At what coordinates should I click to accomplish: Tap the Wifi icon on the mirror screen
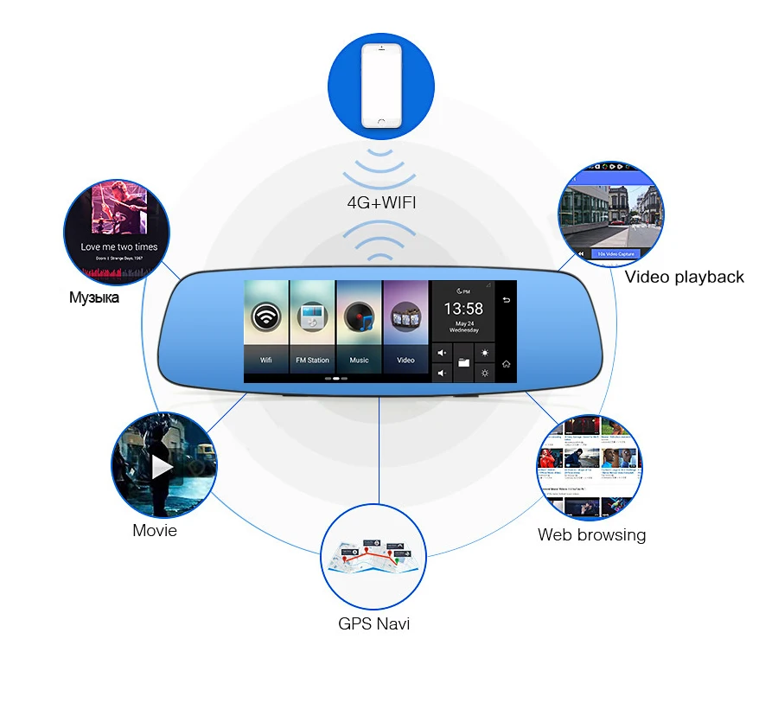[x=265, y=317]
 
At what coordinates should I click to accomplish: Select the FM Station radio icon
[x=312, y=317]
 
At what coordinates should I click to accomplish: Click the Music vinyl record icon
[x=359, y=317]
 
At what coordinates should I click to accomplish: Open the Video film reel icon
[x=405, y=317]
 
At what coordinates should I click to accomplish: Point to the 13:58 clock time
[x=463, y=308]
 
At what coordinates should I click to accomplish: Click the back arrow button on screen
[x=507, y=301]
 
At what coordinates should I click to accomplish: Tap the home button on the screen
[x=507, y=363]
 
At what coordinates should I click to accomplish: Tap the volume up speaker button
[x=442, y=353]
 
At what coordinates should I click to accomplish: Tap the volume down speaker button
[x=442, y=373]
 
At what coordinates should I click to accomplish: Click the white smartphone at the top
[x=382, y=85]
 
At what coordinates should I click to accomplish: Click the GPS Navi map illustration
[x=373, y=560]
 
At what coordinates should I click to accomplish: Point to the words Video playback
[x=684, y=277]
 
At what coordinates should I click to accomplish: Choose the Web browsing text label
[x=591, y=534]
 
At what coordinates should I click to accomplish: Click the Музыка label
[x=94, y=297]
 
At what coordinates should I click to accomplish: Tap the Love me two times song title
[x=119, y=246]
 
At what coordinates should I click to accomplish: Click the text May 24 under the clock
[x=463, y=323]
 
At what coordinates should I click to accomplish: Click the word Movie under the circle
[x=155, y=530]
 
